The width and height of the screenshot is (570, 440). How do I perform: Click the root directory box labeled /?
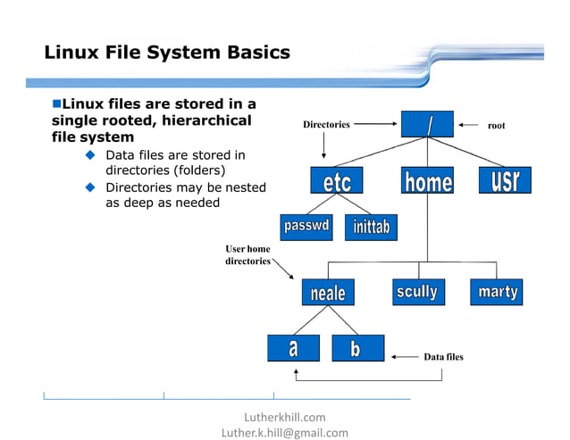coord(427,125)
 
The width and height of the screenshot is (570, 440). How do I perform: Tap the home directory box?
coord(427,181)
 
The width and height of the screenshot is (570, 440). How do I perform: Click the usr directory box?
coord(504,180)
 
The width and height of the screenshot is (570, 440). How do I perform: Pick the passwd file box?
coord(306,227)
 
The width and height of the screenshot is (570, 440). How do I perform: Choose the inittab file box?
coord(371,227)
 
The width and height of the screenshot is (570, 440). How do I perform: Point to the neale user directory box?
coord(328,292)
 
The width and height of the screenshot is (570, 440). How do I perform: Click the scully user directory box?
coord(417,292)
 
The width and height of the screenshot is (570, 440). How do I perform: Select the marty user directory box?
coord(497,292)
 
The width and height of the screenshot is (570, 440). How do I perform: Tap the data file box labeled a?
coord(293,348)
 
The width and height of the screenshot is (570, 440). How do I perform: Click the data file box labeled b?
coord(357,348)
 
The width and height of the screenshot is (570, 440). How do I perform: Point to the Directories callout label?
coord(326,125)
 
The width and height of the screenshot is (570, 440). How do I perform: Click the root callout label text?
coord(496,126)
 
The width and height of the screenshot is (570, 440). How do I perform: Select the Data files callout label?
coord(443,357)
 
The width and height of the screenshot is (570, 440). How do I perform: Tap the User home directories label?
coord(247,254)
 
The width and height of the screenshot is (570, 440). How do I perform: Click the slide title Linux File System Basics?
coord(167,53)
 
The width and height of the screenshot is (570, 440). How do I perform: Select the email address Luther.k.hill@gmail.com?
coord(284,432)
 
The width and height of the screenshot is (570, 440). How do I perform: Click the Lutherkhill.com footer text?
coord(284,417)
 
